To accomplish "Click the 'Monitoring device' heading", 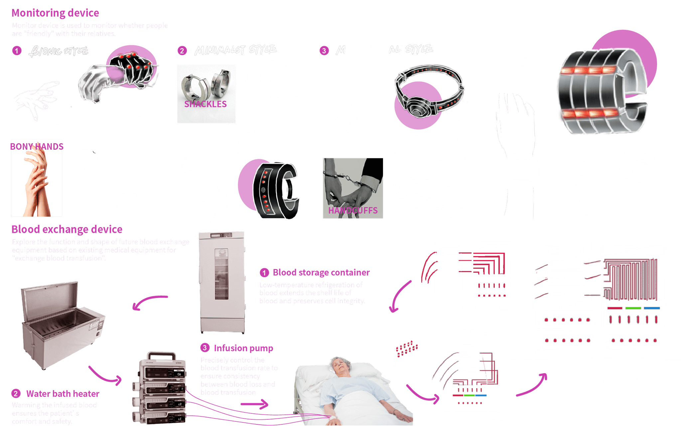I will pos(55,13).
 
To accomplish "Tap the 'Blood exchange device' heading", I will pos(67,229).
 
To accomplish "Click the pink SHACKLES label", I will pos(205,104).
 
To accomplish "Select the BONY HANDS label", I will pos(37,146).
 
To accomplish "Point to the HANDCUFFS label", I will pos(353,210).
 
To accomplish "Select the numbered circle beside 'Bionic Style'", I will pos(17,51).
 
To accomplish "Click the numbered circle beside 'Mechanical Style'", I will pos(324,51).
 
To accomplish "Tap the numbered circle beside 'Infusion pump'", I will pos(204,348).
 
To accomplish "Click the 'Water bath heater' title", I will pos(63,394).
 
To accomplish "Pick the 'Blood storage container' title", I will pos(321,273).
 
